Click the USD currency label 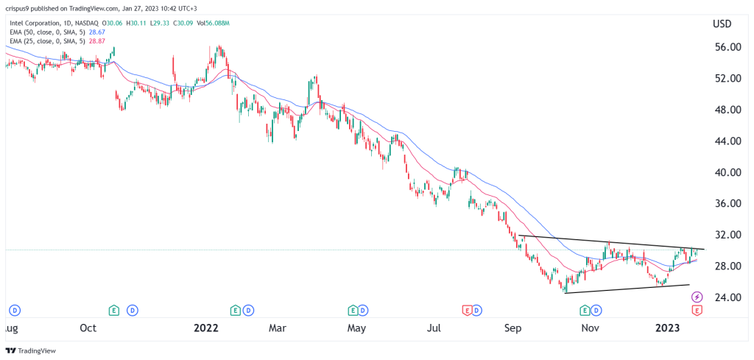722,24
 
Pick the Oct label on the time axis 88,328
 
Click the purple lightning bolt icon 697,297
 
